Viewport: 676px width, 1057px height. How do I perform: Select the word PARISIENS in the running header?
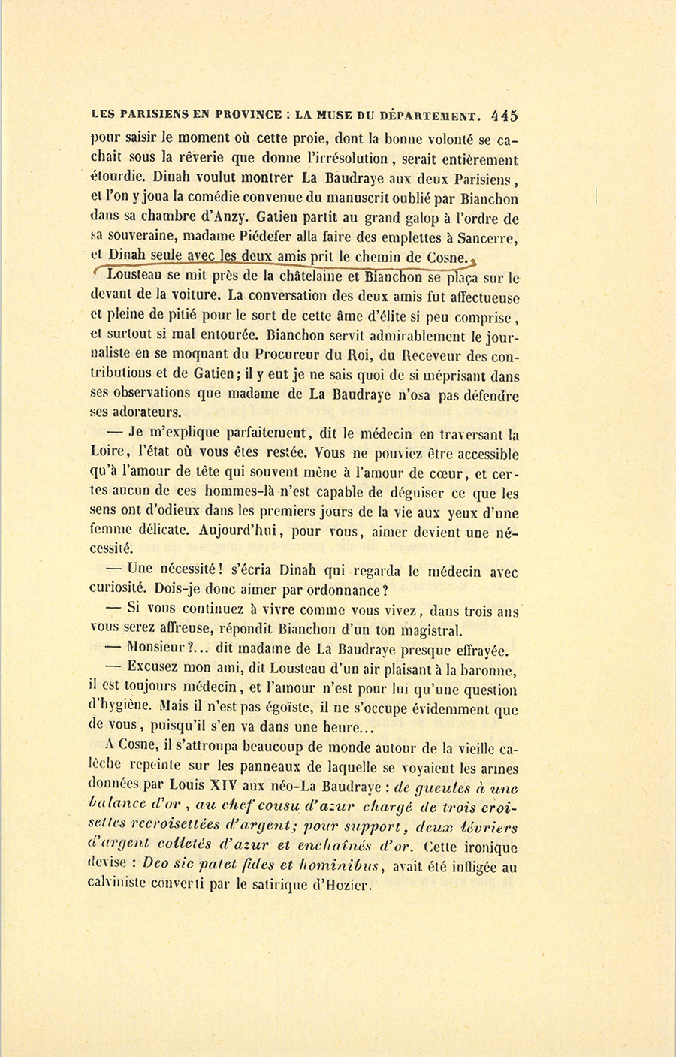(158, 116)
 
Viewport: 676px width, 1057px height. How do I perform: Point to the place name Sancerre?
(484, 238)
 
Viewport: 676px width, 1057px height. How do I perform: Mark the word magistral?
(425, 630)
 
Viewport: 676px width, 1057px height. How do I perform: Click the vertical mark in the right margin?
(595, 198)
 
